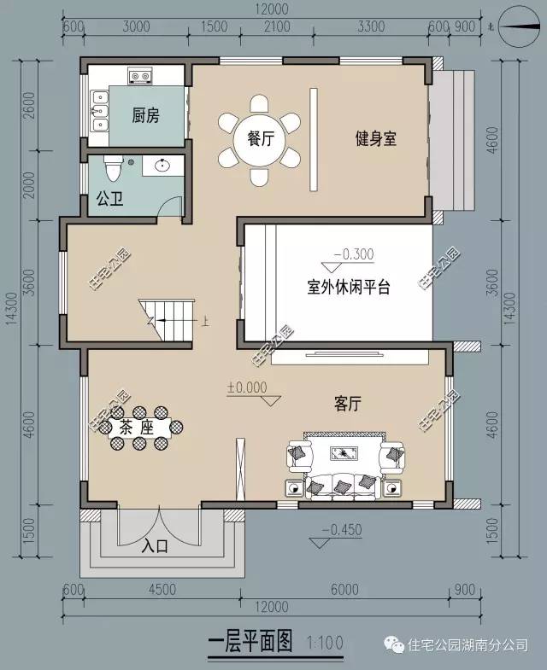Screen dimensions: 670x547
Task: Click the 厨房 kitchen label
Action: click(x=145, y=116)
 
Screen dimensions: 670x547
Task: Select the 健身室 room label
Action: click(x=376, y=138)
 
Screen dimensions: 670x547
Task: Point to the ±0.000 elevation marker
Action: click(x=246, y=387)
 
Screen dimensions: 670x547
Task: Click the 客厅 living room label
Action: click(x=348, y=405)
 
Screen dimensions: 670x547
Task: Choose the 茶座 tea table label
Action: click(x=137, y=427)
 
